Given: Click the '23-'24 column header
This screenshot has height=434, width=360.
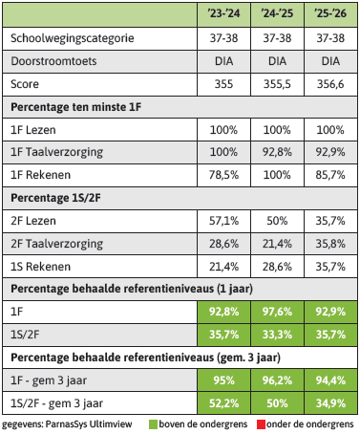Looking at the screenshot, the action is (223, 13).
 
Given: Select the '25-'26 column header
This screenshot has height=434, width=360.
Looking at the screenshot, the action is (330, 13).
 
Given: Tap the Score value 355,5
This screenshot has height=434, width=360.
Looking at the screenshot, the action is (277, 84).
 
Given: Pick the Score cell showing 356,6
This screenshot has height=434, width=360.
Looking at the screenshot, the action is (330, 84).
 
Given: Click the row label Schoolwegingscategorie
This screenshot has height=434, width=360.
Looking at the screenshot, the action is (73, 38).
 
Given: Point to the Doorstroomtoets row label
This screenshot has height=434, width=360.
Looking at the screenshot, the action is (53, 61).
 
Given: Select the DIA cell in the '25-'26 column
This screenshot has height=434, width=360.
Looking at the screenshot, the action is (330, 61).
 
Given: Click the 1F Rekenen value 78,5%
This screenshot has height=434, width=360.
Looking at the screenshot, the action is (223, 175).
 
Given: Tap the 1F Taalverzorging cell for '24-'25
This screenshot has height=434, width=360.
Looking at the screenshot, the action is (277, 152).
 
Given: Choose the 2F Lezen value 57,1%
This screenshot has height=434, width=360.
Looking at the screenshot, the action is (223, 221).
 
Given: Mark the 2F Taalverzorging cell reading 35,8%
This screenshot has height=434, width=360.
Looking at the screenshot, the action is (330, 244).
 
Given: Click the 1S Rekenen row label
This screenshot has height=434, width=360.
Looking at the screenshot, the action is (40, 267).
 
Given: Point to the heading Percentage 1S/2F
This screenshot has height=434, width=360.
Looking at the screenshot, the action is (55, 198).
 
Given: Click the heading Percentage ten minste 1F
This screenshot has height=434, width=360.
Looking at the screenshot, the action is (75, 107).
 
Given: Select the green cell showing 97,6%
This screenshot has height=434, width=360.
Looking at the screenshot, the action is (277, 312).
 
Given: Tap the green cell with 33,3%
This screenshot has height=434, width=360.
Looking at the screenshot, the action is (277, 335).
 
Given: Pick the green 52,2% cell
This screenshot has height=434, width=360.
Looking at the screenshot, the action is (223, 403).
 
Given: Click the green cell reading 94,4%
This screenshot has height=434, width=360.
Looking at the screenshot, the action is (330, 380).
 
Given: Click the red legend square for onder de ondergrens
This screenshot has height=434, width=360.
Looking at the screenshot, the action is (261, 424).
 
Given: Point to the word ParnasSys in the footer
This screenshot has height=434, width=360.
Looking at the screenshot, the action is (66, 424).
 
